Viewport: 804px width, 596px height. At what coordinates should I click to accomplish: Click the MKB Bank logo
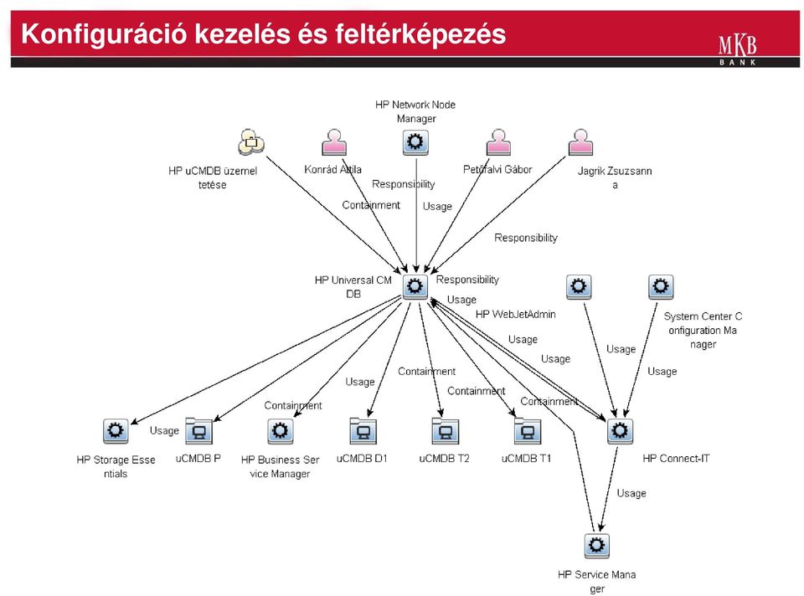click(x=737, y=49)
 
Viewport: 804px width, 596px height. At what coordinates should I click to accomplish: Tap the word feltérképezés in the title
click(x=420, y=34)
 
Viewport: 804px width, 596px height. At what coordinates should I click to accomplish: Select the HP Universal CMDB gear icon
click(x=415, y=286)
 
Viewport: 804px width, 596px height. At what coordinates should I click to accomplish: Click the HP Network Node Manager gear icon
click(x=415, y=142)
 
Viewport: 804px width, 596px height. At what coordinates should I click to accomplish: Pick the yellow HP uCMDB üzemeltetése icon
click(x=251, y=142)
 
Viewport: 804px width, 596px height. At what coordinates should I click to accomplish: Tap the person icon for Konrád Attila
click(x=334, y=142)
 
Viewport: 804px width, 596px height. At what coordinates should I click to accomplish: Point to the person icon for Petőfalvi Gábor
click(x=498, y=142)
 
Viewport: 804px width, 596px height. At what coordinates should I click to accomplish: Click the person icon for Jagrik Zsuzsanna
click(x=580, y=142)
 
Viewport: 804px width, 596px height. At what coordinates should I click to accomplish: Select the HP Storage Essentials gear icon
click(x=116, y=431)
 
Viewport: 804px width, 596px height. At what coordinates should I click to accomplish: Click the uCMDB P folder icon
click(x=198, y=430)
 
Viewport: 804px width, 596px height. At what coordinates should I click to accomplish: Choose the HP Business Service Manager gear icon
click(x=280, y=431)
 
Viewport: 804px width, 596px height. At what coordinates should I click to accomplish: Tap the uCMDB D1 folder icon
click(x=363, y=430)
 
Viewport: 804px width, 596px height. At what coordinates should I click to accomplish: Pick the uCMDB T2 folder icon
click(x=445, y=430)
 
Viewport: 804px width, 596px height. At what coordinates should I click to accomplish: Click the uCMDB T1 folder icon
click(x=527, y=430)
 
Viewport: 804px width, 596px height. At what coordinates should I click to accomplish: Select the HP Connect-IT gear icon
click(x=620, y=431)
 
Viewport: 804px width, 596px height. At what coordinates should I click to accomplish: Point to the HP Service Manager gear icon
click(x=597, y=546)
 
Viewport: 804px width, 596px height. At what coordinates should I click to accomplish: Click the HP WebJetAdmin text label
click(x=515, y=314)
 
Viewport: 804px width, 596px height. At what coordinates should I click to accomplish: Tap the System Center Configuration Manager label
click(x=703, y=330)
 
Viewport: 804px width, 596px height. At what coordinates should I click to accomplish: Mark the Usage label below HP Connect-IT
click(x=631, y=493)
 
